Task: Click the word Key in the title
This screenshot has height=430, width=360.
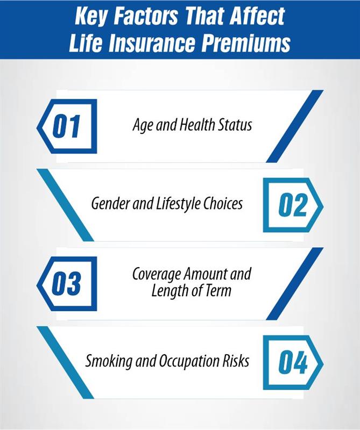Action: tap(90, 17)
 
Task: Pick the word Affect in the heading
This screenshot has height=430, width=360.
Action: tap(257, 16)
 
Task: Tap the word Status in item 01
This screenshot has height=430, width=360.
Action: tap(235, 125)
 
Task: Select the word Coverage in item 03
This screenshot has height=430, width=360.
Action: tap(157, 274)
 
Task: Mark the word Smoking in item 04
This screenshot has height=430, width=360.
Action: tap(109, 361)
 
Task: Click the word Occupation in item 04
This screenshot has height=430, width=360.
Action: tap(189, 361)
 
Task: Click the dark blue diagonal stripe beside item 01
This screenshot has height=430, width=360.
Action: tap(295, 126)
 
